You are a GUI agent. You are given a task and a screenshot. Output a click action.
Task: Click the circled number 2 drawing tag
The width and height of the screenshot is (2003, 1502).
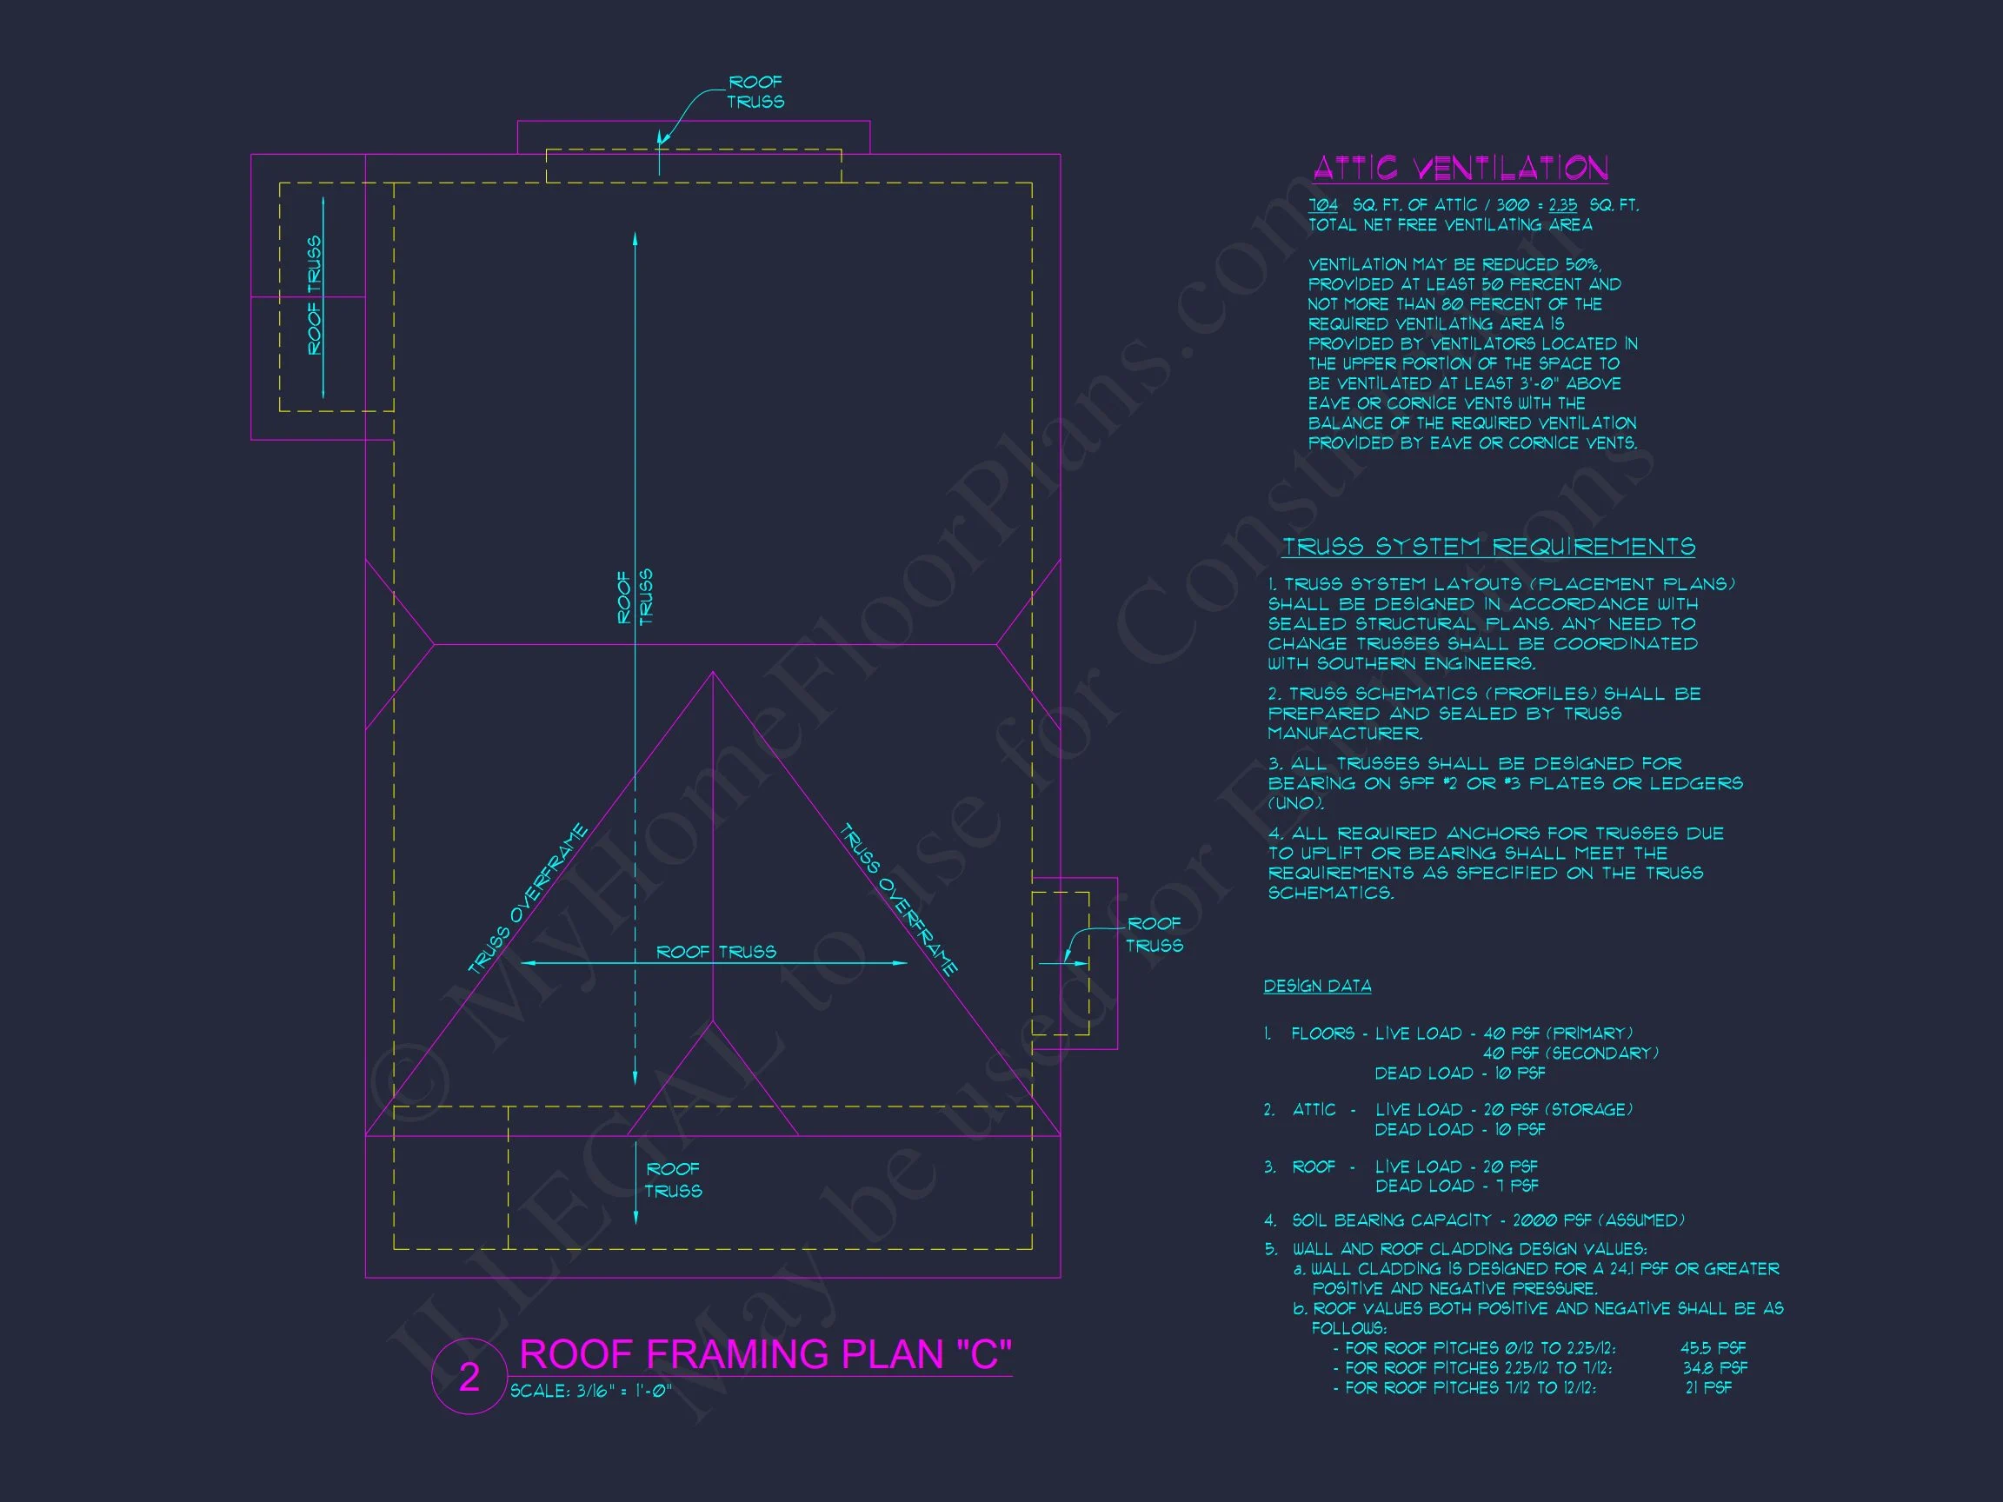[469, 1377]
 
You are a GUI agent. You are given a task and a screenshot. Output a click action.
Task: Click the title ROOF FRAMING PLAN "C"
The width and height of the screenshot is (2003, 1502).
[765, 1354]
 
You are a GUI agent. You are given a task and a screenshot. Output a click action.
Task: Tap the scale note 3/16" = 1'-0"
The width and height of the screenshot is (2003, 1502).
[590, 1391]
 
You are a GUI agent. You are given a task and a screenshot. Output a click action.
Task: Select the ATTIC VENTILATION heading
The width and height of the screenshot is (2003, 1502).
[1460, 169]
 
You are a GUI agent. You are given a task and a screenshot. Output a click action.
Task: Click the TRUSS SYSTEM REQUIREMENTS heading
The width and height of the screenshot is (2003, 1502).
[1487, 547]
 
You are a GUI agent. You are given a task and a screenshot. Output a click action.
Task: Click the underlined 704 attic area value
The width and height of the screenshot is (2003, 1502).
[1323, 205]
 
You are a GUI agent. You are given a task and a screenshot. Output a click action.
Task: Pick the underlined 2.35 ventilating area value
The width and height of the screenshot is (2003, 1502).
[1562, 205]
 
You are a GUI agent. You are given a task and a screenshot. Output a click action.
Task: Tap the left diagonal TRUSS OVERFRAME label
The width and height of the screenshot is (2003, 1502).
[528, 898]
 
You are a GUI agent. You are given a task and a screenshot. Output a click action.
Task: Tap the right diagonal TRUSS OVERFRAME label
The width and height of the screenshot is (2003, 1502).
[898, 898]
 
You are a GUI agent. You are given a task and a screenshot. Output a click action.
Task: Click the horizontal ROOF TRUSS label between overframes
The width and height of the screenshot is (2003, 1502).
[715, 952]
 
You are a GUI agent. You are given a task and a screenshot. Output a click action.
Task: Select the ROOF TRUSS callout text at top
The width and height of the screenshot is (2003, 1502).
[755, 92]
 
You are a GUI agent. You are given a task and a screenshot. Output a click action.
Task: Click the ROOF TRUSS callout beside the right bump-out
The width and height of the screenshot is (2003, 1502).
[1154, 934]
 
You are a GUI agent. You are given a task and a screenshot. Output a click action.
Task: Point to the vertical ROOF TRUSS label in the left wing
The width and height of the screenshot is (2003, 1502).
[314, 296]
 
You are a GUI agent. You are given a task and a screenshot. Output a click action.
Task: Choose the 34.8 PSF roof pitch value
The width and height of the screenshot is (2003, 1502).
[1715, 1368]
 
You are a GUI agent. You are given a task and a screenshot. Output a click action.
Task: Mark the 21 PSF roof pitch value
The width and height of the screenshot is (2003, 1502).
[1707, 1388]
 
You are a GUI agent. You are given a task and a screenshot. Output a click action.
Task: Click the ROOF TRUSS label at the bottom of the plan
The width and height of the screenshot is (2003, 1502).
[673, 1180]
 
